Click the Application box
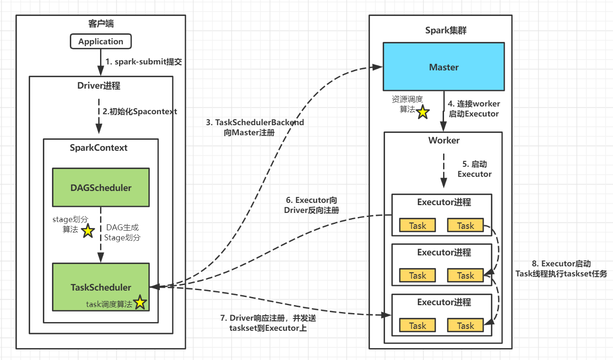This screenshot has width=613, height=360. [x=100, y=42]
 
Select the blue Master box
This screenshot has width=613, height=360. [x=444, y=67]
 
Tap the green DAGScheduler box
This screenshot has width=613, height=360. [x=101, y=187]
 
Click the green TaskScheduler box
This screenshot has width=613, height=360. [x=101, y=287]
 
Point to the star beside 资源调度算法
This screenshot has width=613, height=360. [x=423, y=112]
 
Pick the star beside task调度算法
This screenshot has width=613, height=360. [x=140, y=302]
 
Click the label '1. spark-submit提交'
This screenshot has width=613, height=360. [x=143, y=62]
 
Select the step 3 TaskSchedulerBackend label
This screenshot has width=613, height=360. [x=255, y=127]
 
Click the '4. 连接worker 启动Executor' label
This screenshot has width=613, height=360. [x=474, y=109]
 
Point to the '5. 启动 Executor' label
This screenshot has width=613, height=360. [x=475, y=169]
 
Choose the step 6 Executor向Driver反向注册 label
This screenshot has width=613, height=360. [x=312, y=205]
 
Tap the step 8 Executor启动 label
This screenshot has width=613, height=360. [x=561, y=269]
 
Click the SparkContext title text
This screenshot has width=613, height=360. [x=99, y=148]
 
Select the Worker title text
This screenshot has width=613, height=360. [x=444, y=140]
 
